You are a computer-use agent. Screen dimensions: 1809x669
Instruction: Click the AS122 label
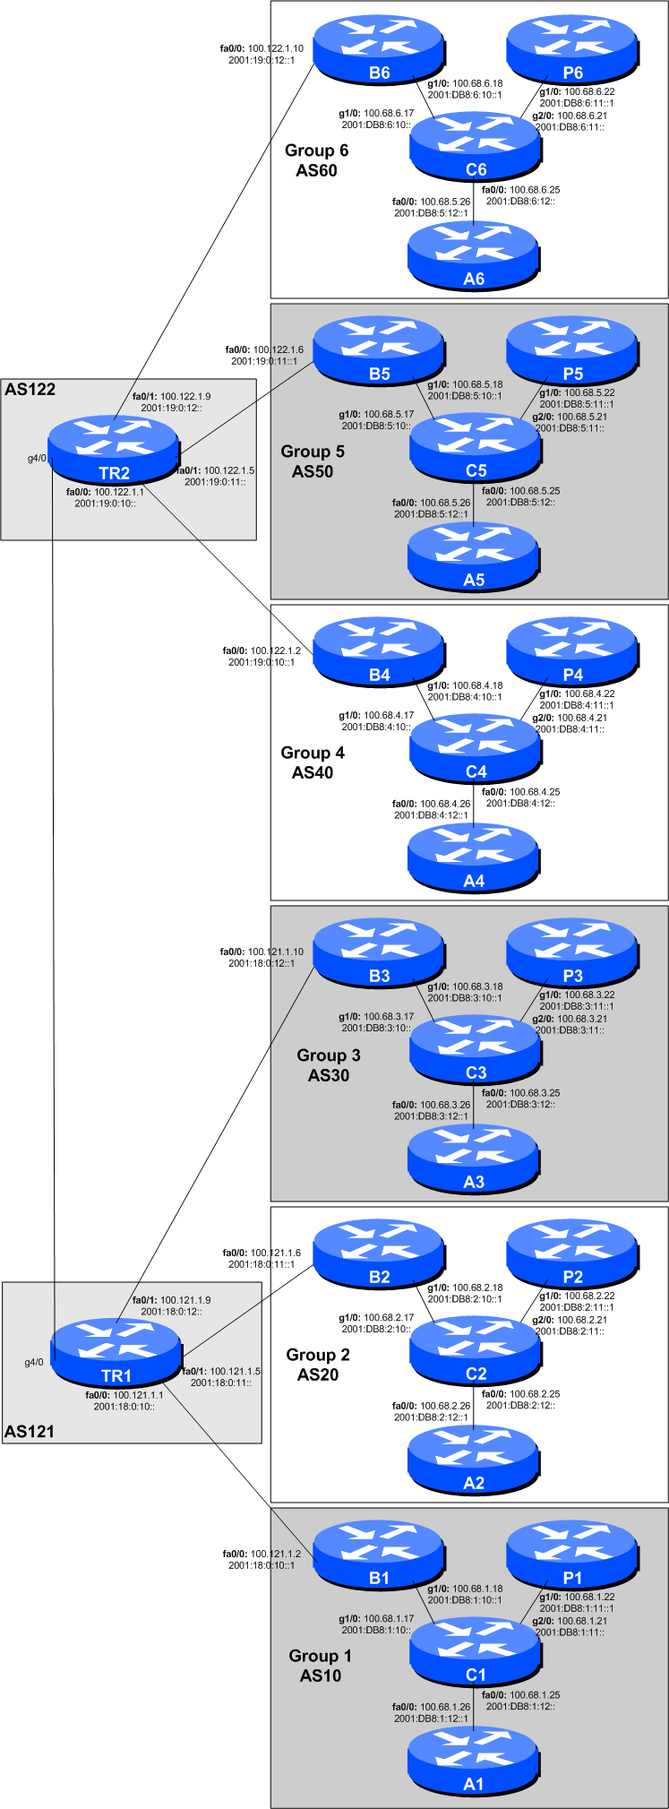(x=30, y=390)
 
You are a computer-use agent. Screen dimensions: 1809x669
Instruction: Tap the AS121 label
(x=29, y=1431)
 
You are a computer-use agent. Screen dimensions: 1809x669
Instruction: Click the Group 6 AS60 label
(x=316, y=160)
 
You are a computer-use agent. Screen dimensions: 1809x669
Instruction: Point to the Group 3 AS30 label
(x=329, y=1065)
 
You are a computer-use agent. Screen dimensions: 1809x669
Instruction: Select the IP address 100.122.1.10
(x=275, y=48)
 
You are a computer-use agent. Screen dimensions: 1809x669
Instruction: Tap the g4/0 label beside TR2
(x=37, y=458)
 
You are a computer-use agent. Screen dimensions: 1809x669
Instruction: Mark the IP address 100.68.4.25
(x=535, y=792)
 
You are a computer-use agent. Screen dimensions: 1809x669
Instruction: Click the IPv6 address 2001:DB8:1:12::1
(x=431, y=1719)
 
